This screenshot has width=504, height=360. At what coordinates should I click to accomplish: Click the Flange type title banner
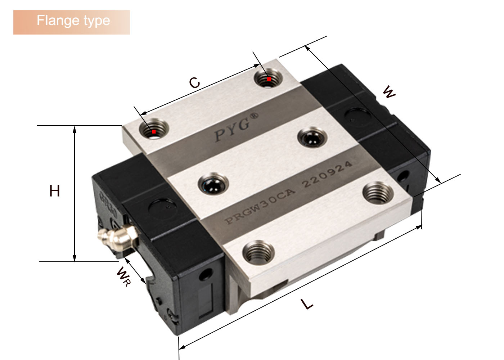72,22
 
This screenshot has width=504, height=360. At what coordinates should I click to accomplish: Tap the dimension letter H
54,191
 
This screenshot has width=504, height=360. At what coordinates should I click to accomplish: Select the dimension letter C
194,82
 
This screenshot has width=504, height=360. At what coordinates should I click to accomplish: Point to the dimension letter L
307,304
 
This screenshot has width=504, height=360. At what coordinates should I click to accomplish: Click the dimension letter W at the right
389,92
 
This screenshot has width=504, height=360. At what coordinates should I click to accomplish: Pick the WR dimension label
123,276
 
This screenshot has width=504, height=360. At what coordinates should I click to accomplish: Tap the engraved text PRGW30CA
260,206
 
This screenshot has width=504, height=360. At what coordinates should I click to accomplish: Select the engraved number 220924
327,174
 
